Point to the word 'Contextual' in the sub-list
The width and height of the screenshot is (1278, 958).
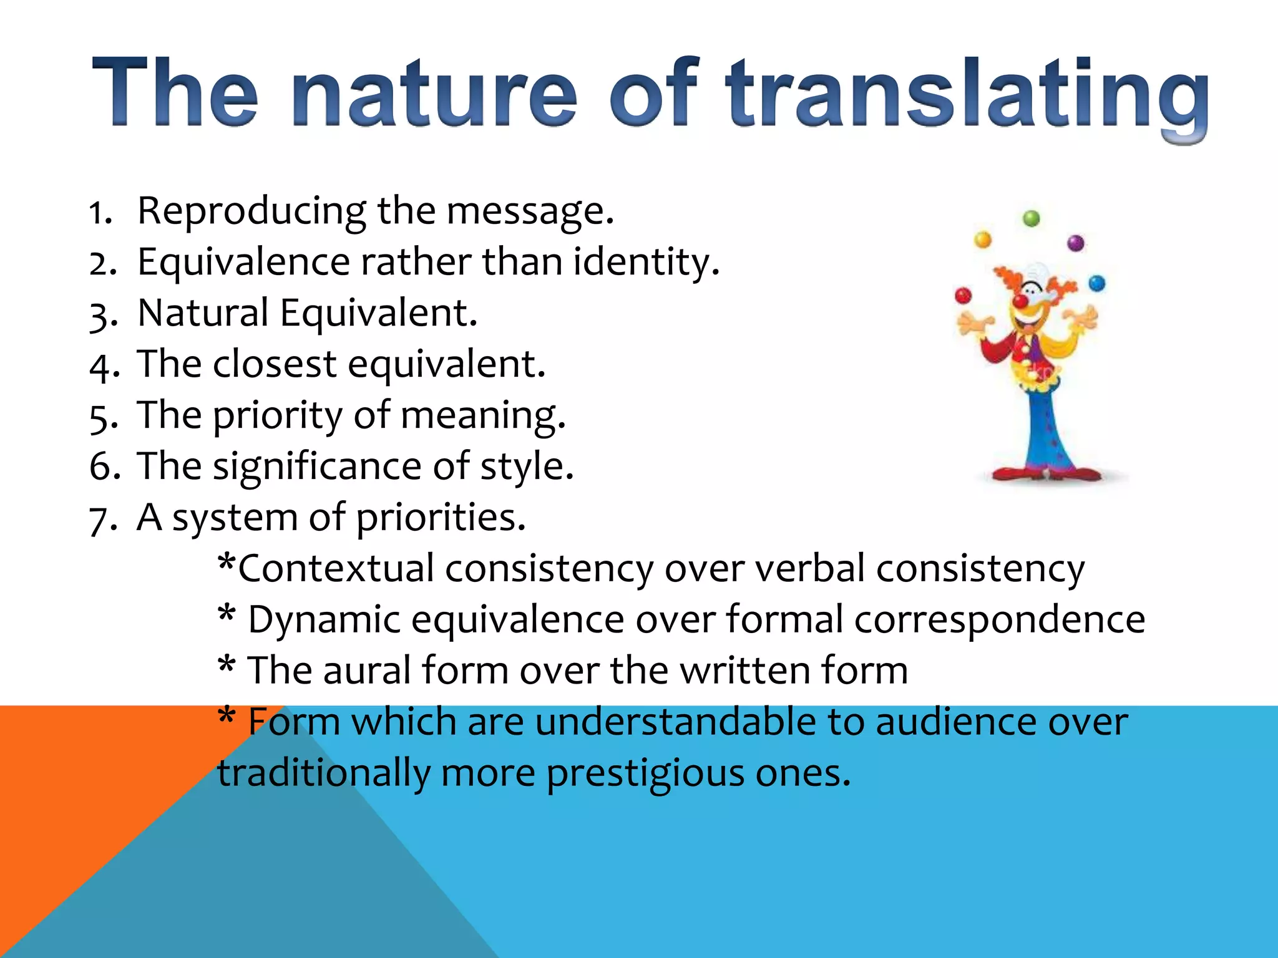coord(335,569)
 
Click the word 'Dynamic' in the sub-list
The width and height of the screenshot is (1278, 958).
coord(323,620)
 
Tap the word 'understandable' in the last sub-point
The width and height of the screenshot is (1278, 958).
coord(675,722)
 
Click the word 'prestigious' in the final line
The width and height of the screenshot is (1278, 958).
coord(645,773)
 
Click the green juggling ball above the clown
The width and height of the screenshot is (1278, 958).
coord(1032,218)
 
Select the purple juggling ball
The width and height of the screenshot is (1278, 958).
coord(1076,243)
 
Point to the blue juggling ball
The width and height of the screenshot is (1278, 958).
coord(1096,284)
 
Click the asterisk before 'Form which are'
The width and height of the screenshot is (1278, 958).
coord(227,716)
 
